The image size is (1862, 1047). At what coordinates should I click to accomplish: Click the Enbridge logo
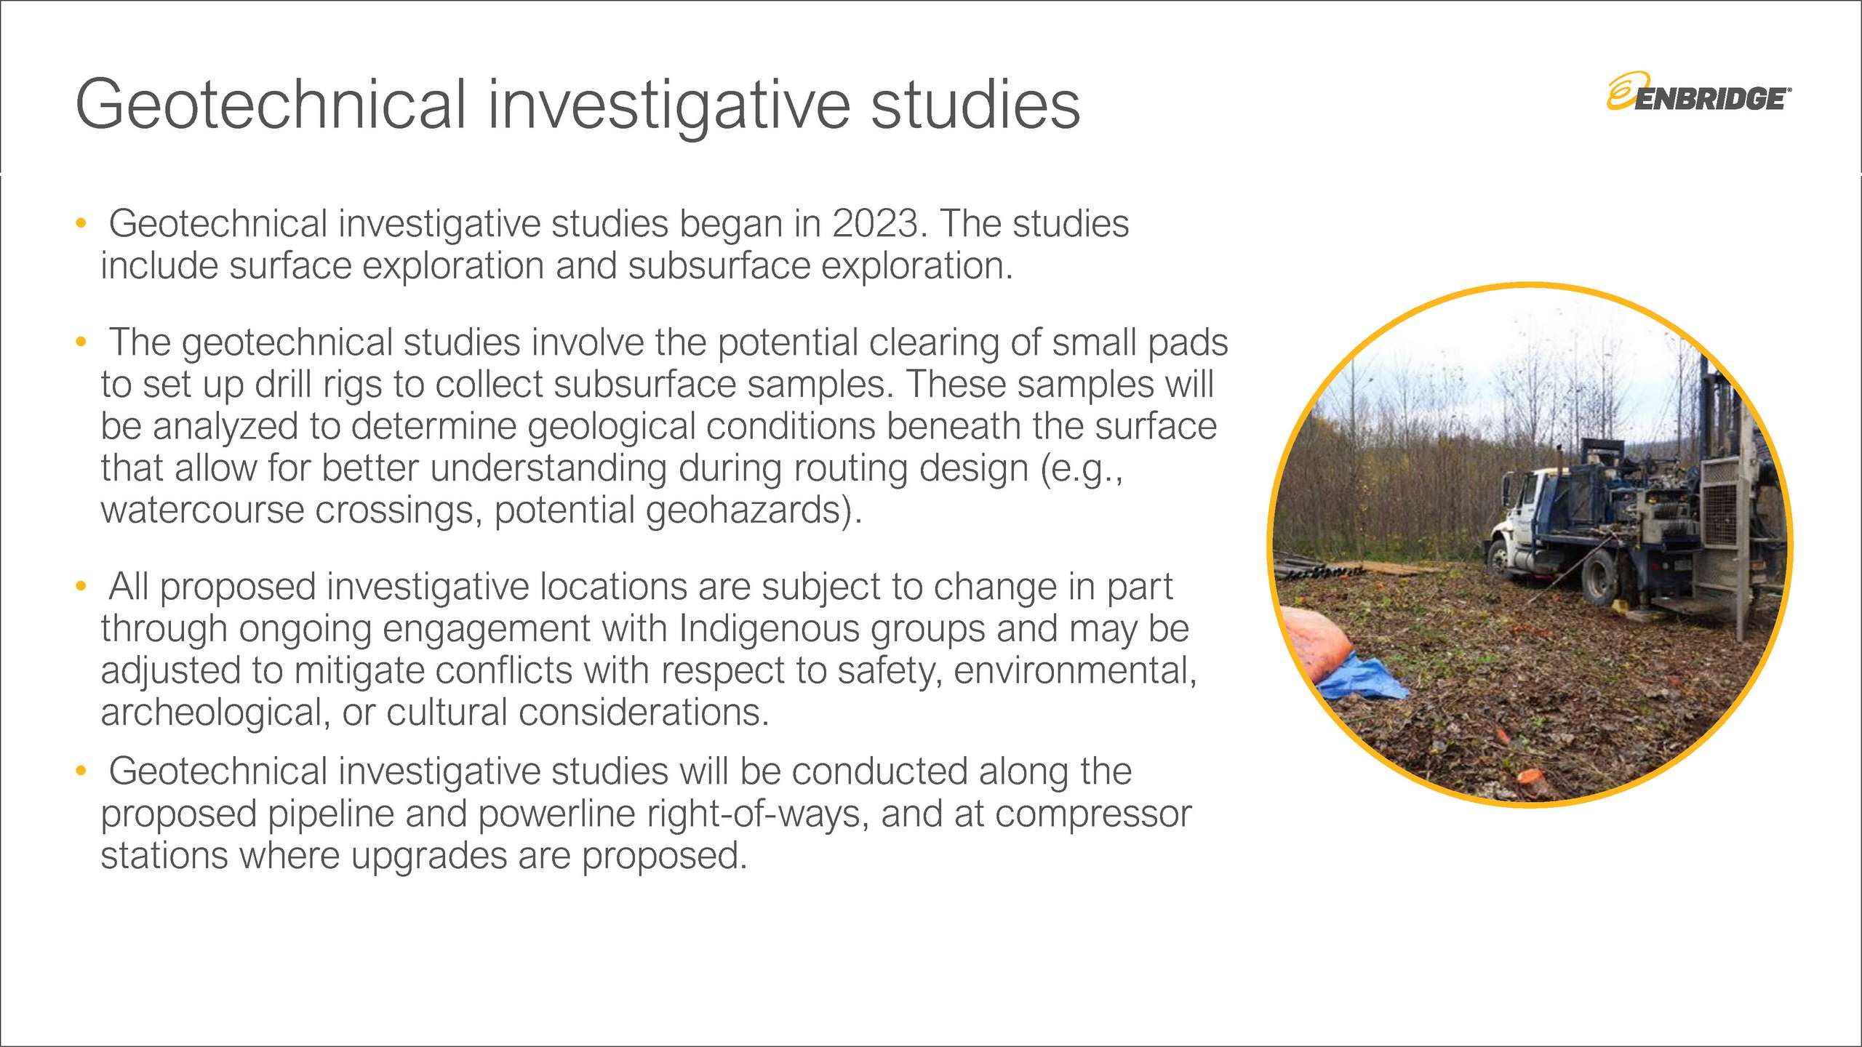click(x=1698, y=92)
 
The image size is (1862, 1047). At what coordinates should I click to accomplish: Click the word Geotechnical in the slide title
click(x=271, y=105)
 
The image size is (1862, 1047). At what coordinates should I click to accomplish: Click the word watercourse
click(x=202, y=510)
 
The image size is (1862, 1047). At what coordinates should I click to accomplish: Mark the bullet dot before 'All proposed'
click(x=81, y=586)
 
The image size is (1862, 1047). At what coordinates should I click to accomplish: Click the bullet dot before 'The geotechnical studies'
click(x=81, y=341)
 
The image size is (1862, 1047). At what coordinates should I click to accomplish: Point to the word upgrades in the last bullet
click(x=429, y=857)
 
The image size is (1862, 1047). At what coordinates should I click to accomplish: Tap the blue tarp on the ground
click(x=1362, y=678)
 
